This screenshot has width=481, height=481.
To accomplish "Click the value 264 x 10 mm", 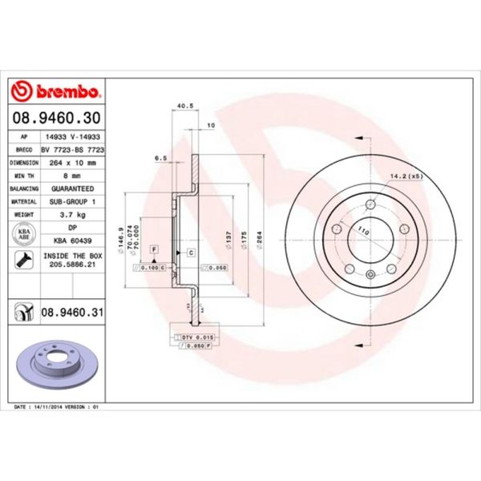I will point(74,161).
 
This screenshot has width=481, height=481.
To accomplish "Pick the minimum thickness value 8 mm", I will point(74,174).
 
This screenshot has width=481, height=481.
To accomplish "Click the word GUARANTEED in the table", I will point(74,188).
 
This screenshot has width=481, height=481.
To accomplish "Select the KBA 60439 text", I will point(74,240).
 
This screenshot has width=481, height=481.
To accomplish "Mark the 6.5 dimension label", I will point(160,159).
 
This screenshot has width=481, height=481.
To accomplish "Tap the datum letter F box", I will point(153,250).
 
